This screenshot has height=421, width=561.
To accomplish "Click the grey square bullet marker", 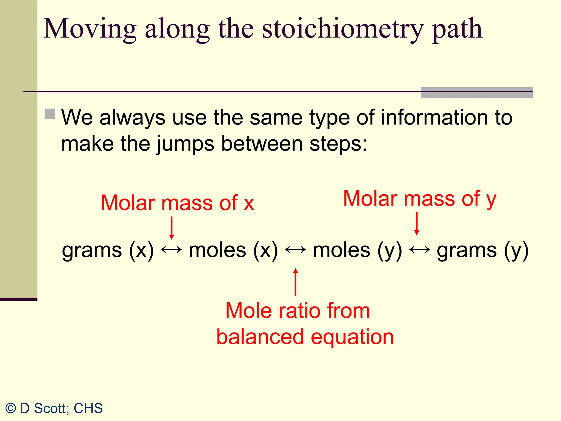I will [50, 114].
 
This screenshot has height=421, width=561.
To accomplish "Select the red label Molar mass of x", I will [178, 203].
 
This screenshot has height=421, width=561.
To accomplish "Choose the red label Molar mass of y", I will [420, 199].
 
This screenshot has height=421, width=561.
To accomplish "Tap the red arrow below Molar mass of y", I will [417, 224].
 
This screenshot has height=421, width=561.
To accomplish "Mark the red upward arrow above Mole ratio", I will [295, 282].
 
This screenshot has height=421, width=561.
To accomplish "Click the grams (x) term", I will [108, 250].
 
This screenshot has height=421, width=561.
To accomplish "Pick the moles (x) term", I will [233, 250].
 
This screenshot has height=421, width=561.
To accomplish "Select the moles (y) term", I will [357, 250].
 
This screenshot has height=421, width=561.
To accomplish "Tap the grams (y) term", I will [482, 250].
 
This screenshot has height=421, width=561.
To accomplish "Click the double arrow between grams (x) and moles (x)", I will [171, 250].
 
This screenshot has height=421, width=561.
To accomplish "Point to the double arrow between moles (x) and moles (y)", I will [295, 250].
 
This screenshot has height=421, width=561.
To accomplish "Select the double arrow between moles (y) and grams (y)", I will [419, 250].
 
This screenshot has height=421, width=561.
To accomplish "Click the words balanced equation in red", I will [305, 337].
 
